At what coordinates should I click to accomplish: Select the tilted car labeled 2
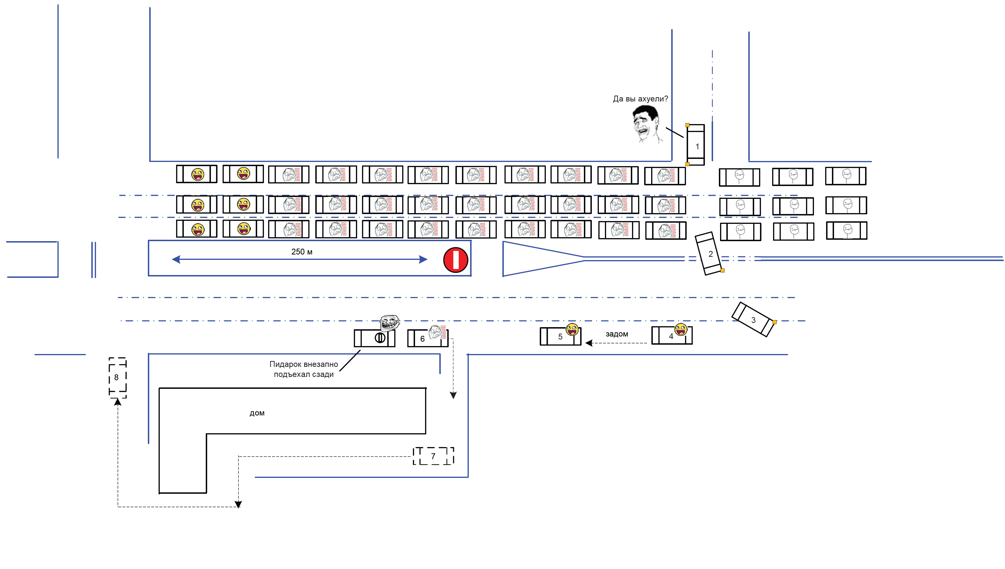point(709,254)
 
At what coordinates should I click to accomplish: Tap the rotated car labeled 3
point(753,319)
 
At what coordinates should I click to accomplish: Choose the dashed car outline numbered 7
point(433,456)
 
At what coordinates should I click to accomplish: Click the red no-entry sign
point(455,260)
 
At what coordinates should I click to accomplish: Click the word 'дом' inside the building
point(257,413)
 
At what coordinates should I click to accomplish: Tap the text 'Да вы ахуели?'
point(640,99)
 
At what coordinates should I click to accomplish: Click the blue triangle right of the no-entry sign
point(535,259)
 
